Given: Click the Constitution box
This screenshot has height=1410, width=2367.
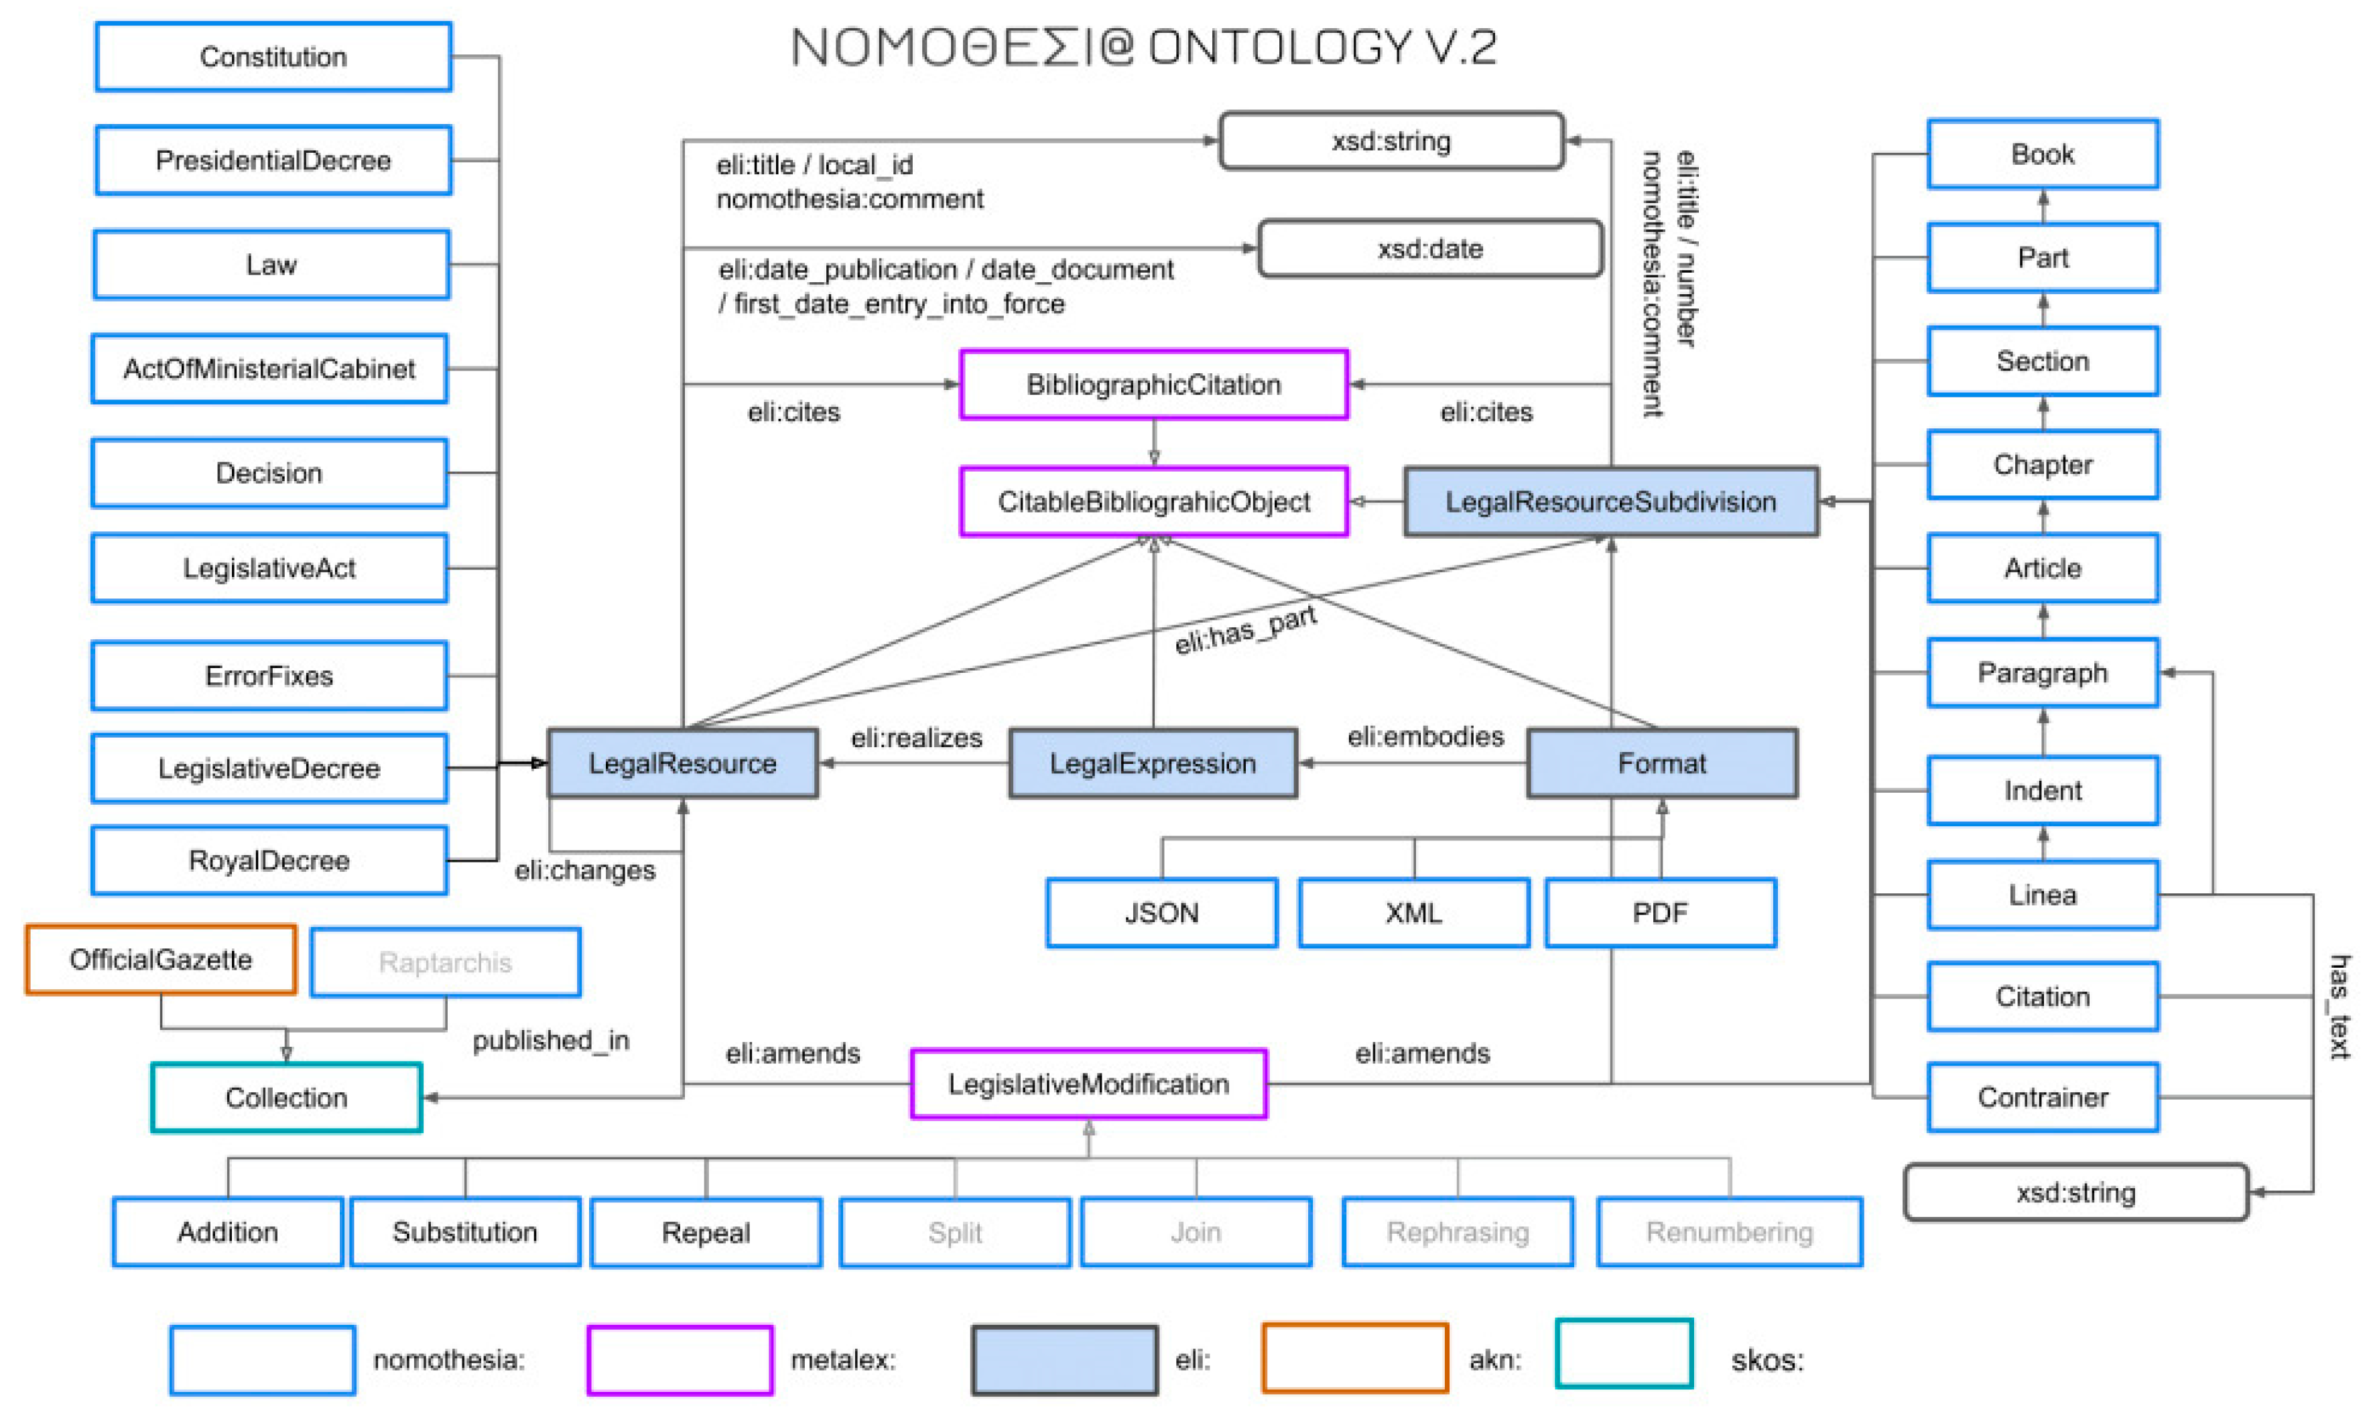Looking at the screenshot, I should click(x=273, y=57).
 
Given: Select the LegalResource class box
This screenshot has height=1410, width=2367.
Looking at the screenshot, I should click(x=682, y=763).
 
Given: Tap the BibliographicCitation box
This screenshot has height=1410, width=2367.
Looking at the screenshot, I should click(x=1153, y=385).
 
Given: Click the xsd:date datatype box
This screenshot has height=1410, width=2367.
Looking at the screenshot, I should click(x=1429, y=249).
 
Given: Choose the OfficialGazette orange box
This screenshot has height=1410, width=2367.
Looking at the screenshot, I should click(x=161, y=960).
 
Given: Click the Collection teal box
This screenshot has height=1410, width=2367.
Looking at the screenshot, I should click(x=286, y=1098).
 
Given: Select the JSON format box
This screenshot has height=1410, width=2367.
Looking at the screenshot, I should click(x=1161, y=913).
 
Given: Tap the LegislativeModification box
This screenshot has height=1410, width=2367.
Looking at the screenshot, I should click(x=1088, y=1084).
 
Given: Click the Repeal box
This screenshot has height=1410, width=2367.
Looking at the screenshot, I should click(x=706, y=1232).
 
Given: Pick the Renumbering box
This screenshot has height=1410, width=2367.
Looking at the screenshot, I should click(x=1729, y=1232).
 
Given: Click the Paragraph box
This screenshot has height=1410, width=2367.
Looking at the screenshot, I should click(x=2042, y=673).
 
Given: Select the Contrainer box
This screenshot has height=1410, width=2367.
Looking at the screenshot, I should click(x=2042, y=1098).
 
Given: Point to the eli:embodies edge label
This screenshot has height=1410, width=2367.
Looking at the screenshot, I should click(x=1425, y=736).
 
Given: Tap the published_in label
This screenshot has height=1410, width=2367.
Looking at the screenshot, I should click(x=551, y=1040).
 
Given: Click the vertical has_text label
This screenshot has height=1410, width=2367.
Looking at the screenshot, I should click(x=2338, y=1007).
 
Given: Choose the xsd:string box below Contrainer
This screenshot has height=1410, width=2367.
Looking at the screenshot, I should click(x=2075, y=1192).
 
